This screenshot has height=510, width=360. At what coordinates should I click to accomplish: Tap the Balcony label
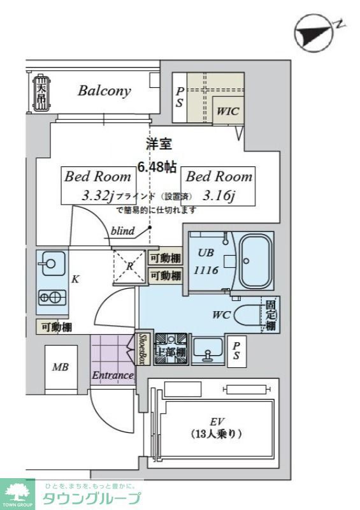[x=104, y=91]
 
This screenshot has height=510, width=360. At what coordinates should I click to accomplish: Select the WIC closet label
[x=227, y=111]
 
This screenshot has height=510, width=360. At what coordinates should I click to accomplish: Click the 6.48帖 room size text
[x=157, y=167]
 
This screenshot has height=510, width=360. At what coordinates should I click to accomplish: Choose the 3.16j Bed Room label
[x=219, y=185]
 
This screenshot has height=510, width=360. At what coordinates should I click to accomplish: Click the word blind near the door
[x=122, y=231]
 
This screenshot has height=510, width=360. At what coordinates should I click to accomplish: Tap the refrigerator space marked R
[x=129, y=266]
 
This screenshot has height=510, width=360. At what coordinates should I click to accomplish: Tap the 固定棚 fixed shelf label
[x=270, y=315]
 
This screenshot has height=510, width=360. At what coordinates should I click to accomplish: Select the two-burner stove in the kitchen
[x=52, y=296]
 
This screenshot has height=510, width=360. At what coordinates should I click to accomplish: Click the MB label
[x=61, y=367]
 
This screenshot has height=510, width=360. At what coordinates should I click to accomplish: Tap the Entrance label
[x=113, y=375]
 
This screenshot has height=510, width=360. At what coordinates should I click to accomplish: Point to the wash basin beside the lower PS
[x=207, y=350]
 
